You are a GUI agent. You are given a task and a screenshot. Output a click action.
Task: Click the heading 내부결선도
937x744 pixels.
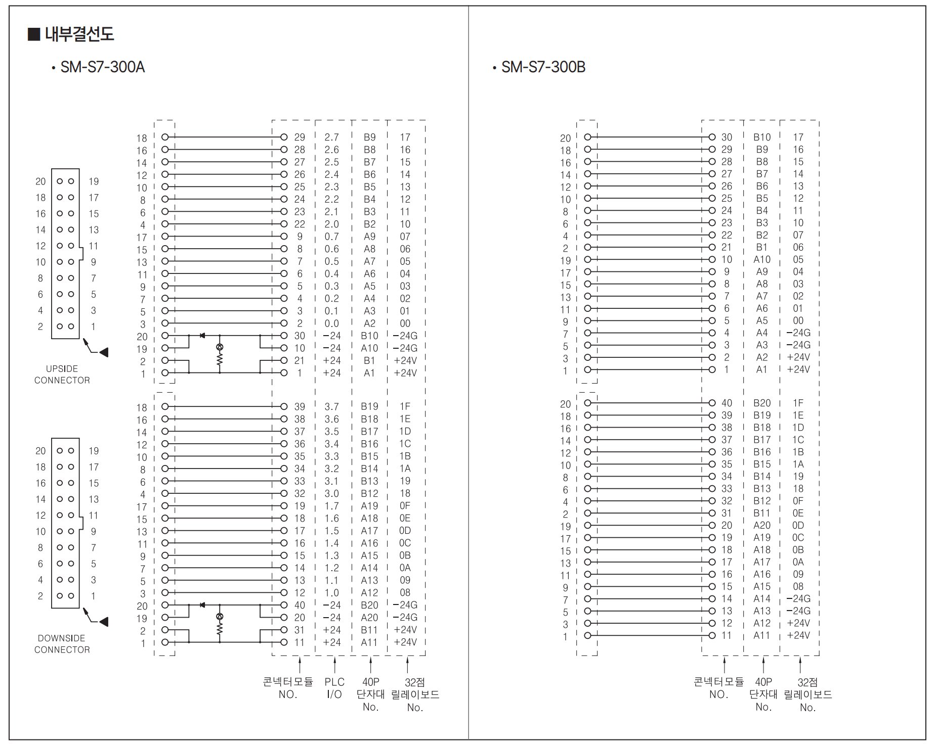[79, 34]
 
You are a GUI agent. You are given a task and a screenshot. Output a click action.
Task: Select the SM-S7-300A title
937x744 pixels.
[102, 67]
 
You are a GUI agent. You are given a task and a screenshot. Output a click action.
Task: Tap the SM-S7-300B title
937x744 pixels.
[543, 67]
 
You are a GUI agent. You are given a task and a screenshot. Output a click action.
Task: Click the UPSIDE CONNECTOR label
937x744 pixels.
[62, 375]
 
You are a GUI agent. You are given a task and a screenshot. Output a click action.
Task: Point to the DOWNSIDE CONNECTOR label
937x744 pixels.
[62, 644]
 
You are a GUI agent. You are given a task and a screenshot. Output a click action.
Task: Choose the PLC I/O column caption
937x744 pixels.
[334, 688]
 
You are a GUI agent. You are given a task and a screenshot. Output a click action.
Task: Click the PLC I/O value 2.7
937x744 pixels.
[331, 137]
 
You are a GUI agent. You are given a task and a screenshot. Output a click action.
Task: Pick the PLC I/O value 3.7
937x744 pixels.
[331, 407]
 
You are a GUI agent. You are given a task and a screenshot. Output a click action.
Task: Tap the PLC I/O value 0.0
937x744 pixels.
[331, 323]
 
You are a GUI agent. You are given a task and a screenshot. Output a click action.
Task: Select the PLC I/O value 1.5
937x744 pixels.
[331, 531]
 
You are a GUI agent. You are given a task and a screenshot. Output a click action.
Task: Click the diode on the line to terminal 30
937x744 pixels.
[202, 336]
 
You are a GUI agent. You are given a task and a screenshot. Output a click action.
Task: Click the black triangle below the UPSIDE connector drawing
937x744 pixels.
[104, 352]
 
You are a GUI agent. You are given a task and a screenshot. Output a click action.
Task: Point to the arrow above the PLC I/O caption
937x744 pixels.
[334, 665]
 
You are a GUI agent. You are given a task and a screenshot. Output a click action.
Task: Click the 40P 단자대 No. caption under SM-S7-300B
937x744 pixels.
[763, 694]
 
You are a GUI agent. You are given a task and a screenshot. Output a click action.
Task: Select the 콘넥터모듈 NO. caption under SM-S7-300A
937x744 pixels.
[288, 688]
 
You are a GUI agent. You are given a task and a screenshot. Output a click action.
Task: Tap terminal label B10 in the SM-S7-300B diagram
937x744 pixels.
[761, 137]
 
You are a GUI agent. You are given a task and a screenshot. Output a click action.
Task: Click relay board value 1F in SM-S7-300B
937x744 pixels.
[798, 403]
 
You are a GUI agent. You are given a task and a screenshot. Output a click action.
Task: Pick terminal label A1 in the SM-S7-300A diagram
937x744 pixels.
[369, 373]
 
